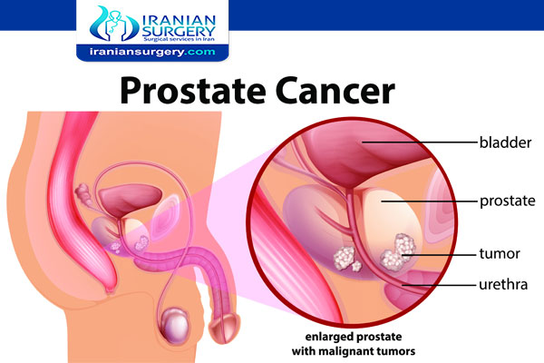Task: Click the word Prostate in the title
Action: point(192,91)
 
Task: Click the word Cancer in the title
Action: point(335,91)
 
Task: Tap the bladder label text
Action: point(505,142)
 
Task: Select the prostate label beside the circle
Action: point(507,201)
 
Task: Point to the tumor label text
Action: point(500,253)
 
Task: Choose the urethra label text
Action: point(503,284)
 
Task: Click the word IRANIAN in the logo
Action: point(179,20)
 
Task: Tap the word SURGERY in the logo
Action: point(179,32)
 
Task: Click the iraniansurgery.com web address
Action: point(152,52)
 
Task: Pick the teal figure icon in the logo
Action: point(114,24)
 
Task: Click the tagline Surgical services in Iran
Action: point(179,40)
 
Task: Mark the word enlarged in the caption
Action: point(328,337)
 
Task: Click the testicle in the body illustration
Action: point(176,326)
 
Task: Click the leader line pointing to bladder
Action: point(419,142)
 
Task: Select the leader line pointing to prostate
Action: point(429,201)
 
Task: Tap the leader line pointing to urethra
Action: point(439,285)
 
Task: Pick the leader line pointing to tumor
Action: point(439,255)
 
